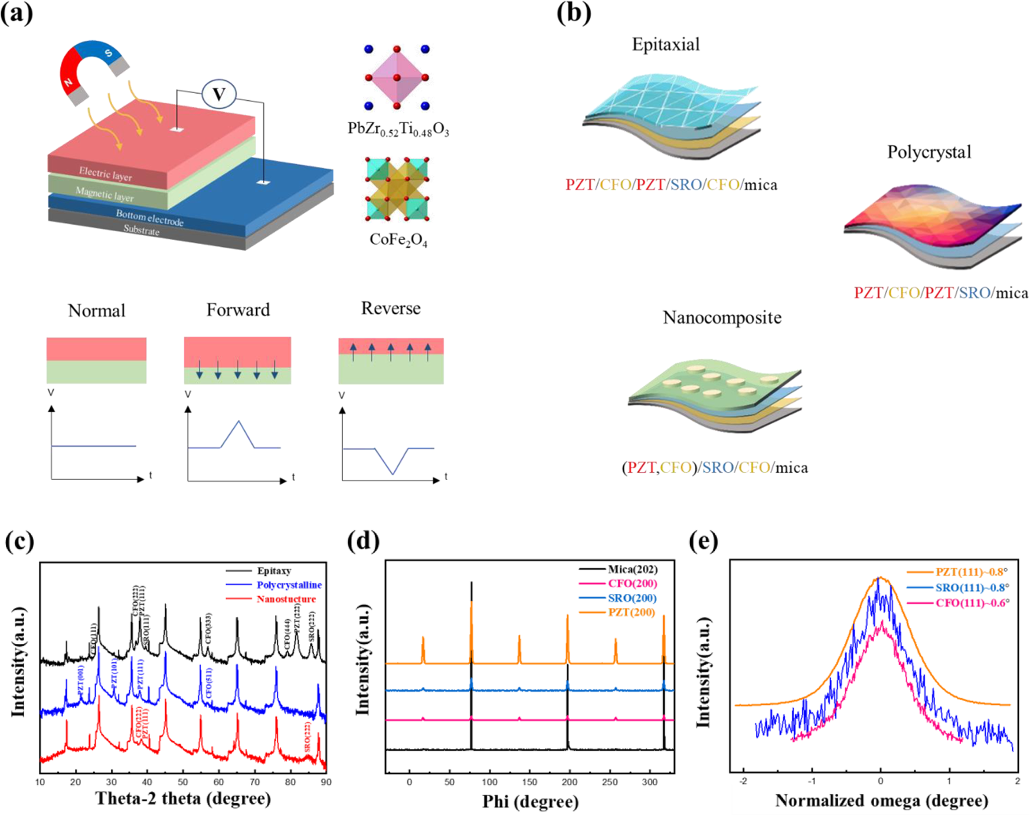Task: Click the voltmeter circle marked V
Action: pyautogui.click(x=219, y=94)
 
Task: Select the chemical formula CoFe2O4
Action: pyautogui.click(x=398, y=240)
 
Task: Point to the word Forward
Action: pyautogui.click(x=238, y=310)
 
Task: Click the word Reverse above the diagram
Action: pyautogui.click(x=391, y=308)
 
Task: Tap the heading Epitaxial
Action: pyautogui.click(x=666, y=45)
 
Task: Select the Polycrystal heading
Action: pyautogui.click(x=929, y=152)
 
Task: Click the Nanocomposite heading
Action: pyautogui.click(x=722, y=317)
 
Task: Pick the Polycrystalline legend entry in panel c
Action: pyautogui.click(x=289, y=585)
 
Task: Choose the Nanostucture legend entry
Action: pyautogui.click(x=286, y=599)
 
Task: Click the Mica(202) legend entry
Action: pyautogui.click(x=632, y=569)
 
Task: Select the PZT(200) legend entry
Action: pyautogui.click(x=632, y=612)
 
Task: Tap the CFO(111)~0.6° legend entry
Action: pyautogui.click(x=972, y=603)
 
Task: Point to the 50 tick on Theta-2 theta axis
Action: pyautogui.click(x=183, y=782)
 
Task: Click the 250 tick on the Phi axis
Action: pyautogui.click(x=609, y=782)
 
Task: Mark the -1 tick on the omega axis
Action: pyautogui.click(x=812, y=781)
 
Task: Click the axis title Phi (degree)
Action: pyautogui.click(x=530, y=801)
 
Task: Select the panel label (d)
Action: pyautogui.click(x=364, y=541)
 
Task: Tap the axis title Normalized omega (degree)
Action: pyautogui.click(x=881, y=800)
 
